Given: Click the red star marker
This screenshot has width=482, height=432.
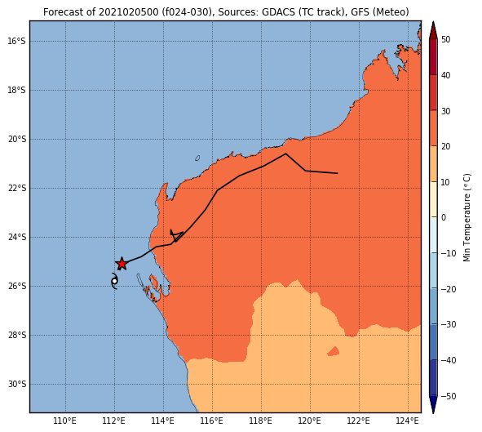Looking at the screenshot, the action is [x=122, y=264].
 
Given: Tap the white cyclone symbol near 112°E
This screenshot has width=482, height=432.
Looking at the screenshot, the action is [x=114, y=281].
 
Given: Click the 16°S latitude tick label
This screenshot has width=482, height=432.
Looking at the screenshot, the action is [x=16, y=41].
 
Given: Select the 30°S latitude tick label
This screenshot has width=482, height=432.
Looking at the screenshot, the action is [x=16, y=384].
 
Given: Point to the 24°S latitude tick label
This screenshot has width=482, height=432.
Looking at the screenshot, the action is [x=16, y=237].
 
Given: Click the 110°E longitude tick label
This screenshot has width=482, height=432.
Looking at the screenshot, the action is [x=65, y=421].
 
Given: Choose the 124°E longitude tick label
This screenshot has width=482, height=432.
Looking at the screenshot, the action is [x=408, y=421].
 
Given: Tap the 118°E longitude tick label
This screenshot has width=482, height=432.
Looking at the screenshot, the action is [x=261, y=421].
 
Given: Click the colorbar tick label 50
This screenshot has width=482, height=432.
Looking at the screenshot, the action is [x=446, y=40].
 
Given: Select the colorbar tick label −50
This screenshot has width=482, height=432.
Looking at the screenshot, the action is [x=449, y=396].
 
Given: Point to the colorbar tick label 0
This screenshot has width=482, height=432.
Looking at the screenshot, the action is [x=444, y=217].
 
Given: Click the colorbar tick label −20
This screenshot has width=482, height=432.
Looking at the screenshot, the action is [x=449, y=289].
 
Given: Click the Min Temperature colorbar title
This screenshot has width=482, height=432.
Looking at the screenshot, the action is [x=467, y=217].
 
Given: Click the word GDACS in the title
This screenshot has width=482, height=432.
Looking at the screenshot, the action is [x=278, y=12].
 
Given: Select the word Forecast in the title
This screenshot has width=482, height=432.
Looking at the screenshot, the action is [x=62, y=12].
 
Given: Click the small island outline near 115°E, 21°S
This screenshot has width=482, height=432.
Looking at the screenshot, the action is [x=197, y=158].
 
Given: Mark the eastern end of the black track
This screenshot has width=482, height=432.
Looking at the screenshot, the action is [x=338, y=173].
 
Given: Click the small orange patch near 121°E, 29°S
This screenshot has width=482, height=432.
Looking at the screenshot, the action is [x=334, y=351].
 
